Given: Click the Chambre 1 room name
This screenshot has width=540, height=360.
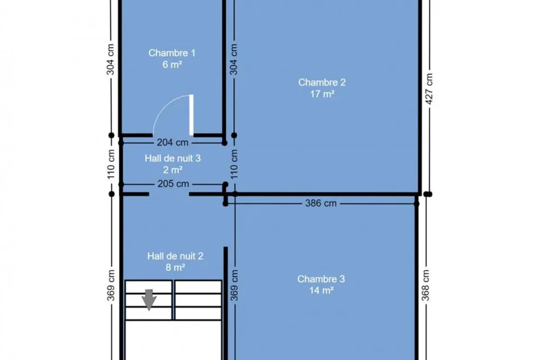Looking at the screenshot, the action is (x=172, y=53).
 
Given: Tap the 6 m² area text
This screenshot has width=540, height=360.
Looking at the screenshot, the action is (x=172, y=65).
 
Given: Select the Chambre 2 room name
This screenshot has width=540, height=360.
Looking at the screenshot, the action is (x=322, y=82).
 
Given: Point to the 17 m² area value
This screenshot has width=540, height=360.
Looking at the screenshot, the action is (x=322, y=94).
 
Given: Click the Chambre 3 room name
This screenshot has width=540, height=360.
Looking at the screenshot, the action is (x=321, y=279).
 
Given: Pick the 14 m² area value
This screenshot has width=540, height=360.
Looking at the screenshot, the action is (x=321, y=291).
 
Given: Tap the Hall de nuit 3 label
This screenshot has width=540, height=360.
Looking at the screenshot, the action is (x=173, y=158).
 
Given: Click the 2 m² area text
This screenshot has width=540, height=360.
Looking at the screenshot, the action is (x=173, y=170).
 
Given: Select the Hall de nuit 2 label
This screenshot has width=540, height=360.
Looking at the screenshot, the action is (x=175, y=256).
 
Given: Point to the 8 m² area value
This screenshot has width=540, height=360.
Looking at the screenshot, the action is (x=175, y=267).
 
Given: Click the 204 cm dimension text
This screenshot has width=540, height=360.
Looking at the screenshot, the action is (x=173, y=143).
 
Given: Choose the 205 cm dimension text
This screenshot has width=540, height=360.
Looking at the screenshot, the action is (x=173, y=184).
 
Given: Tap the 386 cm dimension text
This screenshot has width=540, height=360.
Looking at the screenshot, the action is (x=321, y=203).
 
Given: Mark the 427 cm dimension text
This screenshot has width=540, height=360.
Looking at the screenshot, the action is (x=429, y=89).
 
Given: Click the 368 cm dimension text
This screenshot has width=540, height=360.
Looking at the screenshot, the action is (x=426, y=285).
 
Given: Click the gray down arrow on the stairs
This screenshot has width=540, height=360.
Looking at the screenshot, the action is (x=149, y=300).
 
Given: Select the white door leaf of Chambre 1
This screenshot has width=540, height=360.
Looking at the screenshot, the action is (x=191, y=115).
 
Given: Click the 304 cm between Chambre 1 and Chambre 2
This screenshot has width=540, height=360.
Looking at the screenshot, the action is (x=234, y=59).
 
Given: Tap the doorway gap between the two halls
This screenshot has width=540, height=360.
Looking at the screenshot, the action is (x=169, y=194).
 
